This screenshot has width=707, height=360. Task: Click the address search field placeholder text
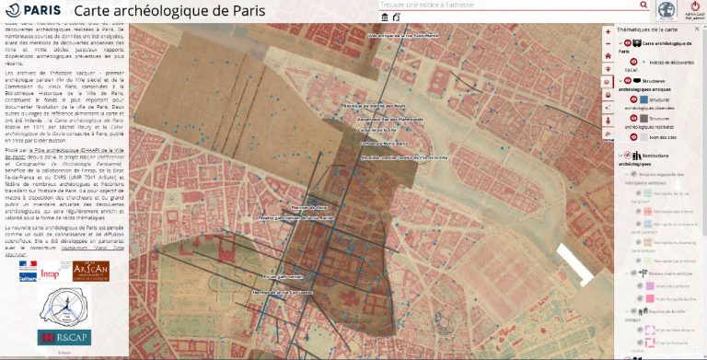coord(433,6)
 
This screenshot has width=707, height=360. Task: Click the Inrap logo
coord(51,273)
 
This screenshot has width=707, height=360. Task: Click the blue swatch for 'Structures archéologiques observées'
coord(631,99)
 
